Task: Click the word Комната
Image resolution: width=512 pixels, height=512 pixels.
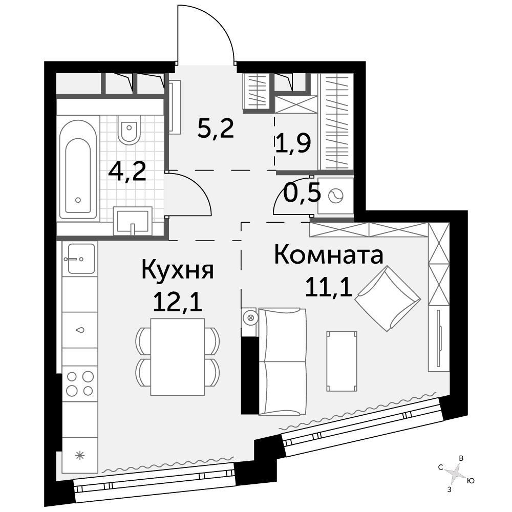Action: coord(329,255)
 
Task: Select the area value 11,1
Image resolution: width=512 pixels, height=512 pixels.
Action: coord(329,286)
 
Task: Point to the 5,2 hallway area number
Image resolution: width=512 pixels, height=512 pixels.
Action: coord(216,128)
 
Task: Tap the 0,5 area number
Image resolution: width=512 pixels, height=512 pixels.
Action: coord(302,194)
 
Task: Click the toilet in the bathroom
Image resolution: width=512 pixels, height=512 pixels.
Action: coord(130,130)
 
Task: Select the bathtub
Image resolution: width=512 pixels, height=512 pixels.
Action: coord(78,169)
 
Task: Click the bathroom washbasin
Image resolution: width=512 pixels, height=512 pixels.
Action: coord(133,221)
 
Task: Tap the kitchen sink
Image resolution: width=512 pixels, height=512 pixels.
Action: coord(81,259)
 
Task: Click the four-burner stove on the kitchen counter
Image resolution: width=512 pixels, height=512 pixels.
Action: coord(80,383)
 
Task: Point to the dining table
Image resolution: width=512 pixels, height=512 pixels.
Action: coord(178,356)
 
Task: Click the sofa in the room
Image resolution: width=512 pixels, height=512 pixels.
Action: coord(283,361)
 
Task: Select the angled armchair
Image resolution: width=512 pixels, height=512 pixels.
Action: coord(388,298)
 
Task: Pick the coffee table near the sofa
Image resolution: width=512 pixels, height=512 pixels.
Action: coord(342,361)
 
